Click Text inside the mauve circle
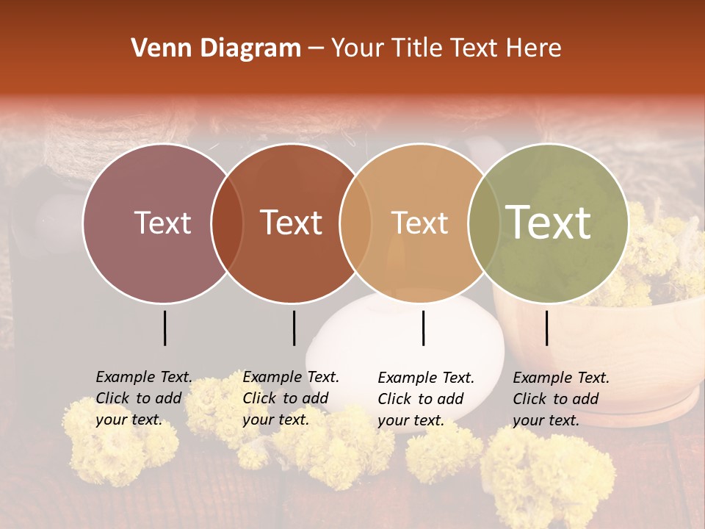coord(162,223)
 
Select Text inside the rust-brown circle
coord(292,223)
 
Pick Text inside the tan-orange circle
coord(419,223)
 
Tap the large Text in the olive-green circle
coord(549,222)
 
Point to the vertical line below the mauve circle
coord(164,328)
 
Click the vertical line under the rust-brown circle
coord(294,328)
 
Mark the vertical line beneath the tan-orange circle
coord(424,328)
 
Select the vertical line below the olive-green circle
coord(547,328)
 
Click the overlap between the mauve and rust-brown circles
coord(227,223)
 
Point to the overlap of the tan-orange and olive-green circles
coord(485,223)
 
